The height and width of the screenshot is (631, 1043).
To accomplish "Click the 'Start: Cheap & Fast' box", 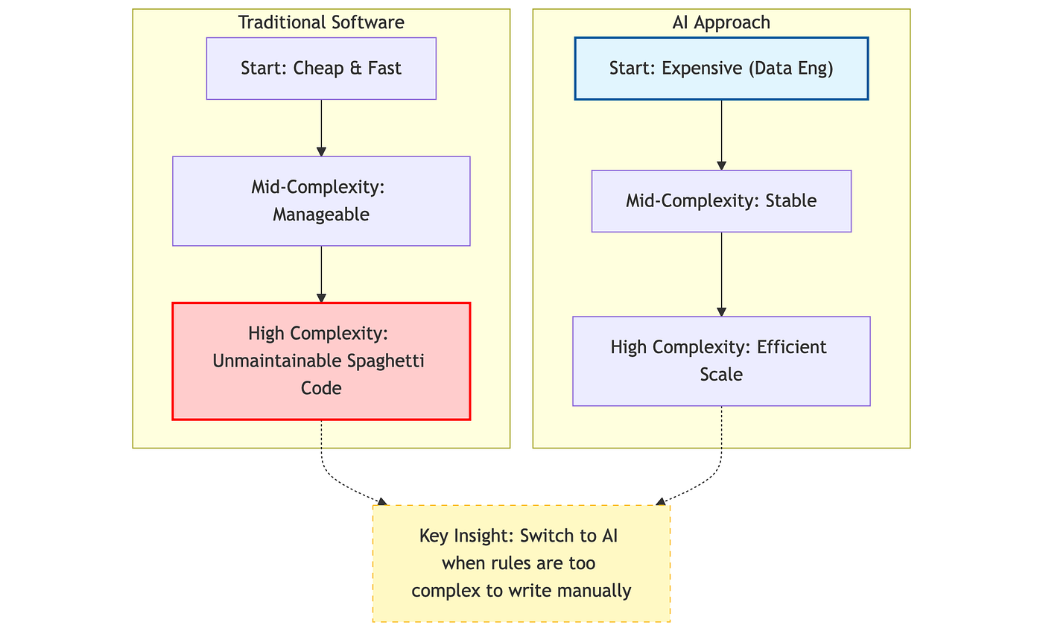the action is click(x=321, y=69).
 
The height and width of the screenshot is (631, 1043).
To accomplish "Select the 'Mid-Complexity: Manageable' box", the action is click(x=321, y=200).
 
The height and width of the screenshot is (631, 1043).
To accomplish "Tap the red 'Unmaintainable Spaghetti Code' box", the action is click(x=321, y=361).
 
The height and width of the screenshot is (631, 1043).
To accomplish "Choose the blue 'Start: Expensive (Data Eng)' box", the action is click(x=721, y=69).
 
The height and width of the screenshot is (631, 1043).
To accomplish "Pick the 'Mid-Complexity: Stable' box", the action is click(x=721, y=200).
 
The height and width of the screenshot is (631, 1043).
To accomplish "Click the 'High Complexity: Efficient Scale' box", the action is click(x=721, y=361).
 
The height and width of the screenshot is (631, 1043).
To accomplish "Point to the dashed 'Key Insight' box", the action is click(x=521, y=563).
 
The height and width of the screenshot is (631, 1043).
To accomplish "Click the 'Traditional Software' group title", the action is click(x=321, y=22).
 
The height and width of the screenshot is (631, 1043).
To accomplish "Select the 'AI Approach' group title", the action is click(x=721, y=22).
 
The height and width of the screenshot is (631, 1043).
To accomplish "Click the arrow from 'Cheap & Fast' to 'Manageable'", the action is click(x=321, y=128).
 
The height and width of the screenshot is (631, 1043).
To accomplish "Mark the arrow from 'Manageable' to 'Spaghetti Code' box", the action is click(x=321, y=274).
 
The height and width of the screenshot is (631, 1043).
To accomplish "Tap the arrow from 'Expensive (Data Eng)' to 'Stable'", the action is click(x=721, y=135).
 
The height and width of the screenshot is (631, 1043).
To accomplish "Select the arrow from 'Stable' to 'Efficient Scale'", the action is click(x=721, y=274).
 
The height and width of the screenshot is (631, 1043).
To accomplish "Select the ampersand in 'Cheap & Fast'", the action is click(x=356, y=69).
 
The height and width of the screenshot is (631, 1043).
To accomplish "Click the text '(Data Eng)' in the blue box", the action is click(x=790, y=69).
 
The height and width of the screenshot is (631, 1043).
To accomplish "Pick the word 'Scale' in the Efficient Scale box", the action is click(x=721, y=375).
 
